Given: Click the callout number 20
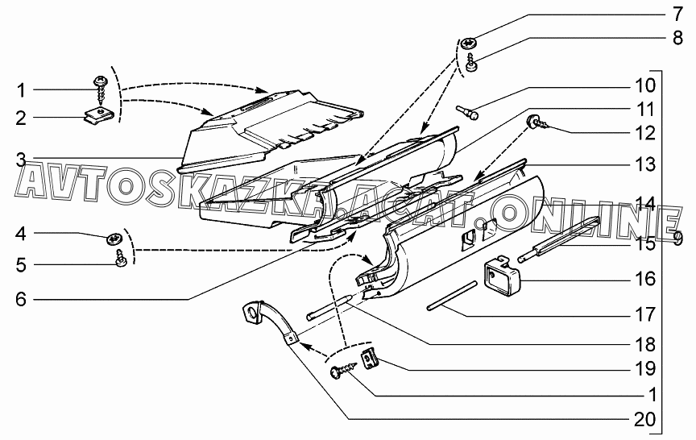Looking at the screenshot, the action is (x=645, y=419).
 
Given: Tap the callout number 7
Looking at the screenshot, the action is (x=677, y=15).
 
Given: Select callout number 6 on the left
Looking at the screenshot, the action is (x=21, y=299).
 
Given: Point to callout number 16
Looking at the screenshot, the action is (x=645, y=279).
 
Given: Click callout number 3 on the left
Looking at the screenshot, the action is (x=21, y=160).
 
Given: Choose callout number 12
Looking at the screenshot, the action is (x=645, y=133).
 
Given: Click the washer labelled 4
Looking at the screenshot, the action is (x=115, y=239).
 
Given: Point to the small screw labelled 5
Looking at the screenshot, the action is (x=120, y=258).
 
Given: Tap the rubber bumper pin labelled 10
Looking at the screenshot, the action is (x=467, y=112).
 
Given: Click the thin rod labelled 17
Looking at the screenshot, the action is (x=452, y=296).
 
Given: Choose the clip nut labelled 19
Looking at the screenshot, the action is (x=371, y=359).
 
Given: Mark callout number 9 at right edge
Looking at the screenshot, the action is (x=677, y=238).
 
